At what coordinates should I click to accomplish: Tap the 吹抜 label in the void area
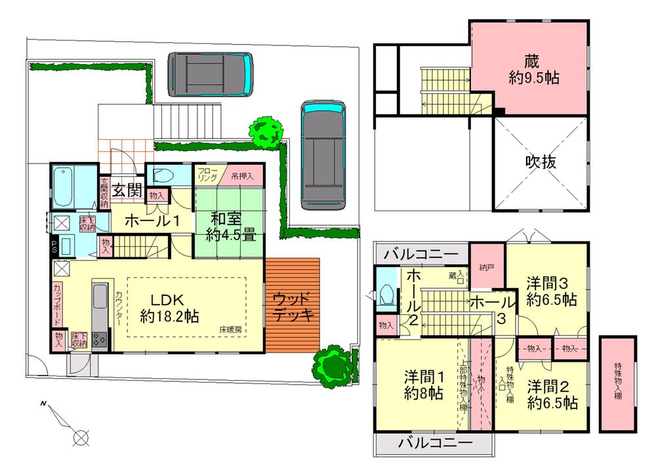[541, 162]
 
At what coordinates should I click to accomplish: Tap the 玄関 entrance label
[127, 190]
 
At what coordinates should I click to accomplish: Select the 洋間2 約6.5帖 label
[552, 394]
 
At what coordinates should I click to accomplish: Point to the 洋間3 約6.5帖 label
[551, 291]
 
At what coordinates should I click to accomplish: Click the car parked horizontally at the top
[210, 74]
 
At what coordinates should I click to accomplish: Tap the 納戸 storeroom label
[487, 267]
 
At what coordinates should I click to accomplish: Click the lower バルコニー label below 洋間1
[435, 444]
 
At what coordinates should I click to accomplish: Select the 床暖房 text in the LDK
[230, 329]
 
